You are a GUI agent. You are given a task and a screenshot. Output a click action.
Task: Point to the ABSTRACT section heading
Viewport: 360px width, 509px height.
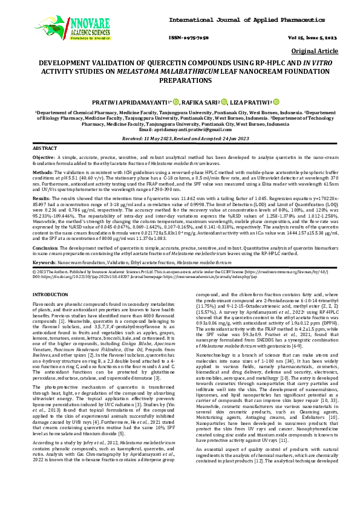click(45, 148)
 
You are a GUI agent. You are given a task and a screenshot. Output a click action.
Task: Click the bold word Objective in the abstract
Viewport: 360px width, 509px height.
click(43, 157)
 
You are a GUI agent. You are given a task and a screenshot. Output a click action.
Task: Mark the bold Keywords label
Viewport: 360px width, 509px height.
click(44, 263)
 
